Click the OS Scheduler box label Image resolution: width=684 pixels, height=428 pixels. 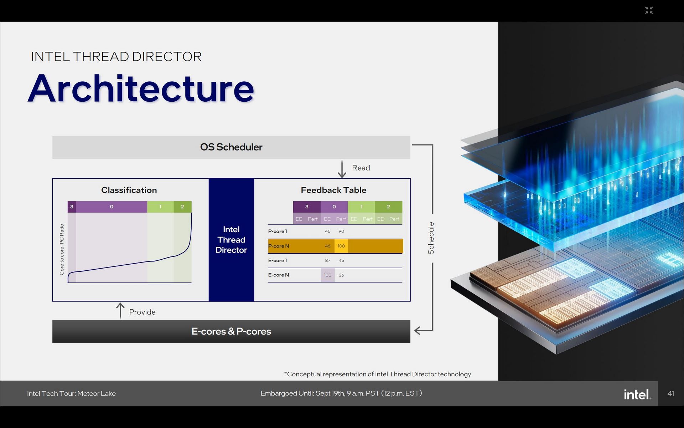tap(231, 147)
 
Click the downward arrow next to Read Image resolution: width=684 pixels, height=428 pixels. tap(342, 169)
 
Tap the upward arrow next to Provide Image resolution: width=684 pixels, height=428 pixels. tap(120, 311)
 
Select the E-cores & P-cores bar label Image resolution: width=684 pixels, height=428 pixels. tap(231, 331)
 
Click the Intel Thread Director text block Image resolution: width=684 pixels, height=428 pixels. tap(231, 240)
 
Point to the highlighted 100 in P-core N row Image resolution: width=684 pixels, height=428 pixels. tap(341, 246)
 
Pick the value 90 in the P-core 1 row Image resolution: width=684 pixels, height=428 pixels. tap(341, 231)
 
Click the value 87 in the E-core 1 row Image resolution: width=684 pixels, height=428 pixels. tap(327, 261)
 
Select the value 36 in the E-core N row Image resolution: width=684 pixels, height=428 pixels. tap(341, 275)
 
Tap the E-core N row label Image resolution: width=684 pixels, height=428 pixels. tap(278, 275)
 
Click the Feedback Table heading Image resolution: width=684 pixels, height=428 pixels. tap(333, 190)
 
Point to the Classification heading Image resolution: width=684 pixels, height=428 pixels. tap(129, 190)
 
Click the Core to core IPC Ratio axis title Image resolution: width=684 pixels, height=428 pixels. tap(62, 249)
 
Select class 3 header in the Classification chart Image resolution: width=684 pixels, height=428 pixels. tap(72, 207)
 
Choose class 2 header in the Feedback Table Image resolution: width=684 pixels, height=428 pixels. tap(388, 207)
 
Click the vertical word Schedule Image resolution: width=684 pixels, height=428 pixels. tap(431, 238)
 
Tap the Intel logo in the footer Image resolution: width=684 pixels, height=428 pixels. tap(637, 394)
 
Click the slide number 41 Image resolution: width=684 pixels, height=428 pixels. tap(670, 393)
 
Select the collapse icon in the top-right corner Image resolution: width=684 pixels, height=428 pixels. tap(649, 10)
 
